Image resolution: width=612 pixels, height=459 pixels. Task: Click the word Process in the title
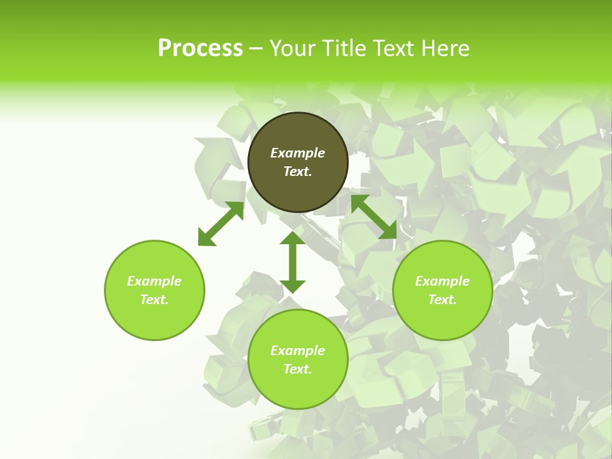[x=200, y=48]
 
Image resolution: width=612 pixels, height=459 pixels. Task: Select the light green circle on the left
[x=154, y=319]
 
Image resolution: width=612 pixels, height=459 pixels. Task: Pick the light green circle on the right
[x=442, y=319]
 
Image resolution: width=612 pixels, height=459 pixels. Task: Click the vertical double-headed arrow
[x=293, y=262]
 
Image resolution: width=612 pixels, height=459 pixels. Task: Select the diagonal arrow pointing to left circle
[x=221, y=224]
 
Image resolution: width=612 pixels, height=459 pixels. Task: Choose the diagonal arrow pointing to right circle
[x=374, y=217]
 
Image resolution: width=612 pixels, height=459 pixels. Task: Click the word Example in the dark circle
[x=298, y=153]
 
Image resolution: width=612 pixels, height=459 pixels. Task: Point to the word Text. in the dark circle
[x=298, y=171]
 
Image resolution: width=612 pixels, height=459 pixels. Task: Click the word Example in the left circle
[x=154, y=281]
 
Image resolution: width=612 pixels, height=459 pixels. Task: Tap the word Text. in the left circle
[x=154, y=300]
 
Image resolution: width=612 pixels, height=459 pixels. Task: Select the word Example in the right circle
[x=442, y=281]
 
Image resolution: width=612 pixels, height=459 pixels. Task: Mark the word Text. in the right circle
[x=442, y=300]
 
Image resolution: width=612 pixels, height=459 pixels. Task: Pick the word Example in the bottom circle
[x=298, y=351]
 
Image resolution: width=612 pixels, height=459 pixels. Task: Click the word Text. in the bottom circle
[x=298, y=369]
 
